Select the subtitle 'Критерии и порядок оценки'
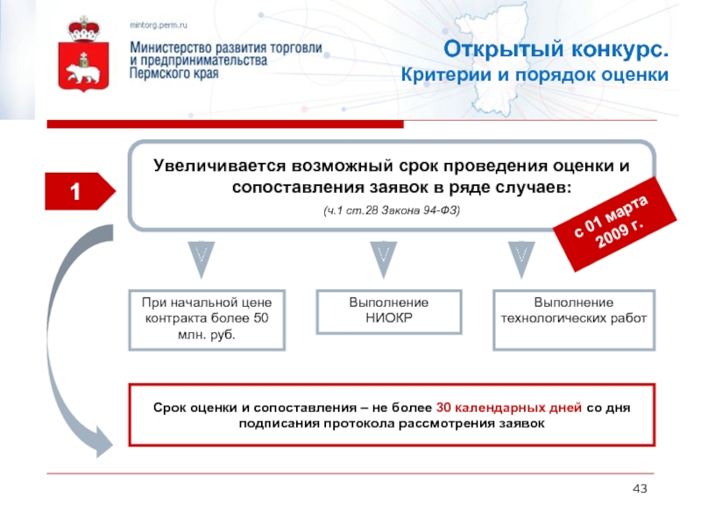pos(535,75)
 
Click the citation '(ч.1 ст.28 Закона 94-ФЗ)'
pos(391,212)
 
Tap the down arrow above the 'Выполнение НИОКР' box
pos(382,256)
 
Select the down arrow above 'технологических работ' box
pos(520,256)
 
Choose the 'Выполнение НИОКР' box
pos(389,310)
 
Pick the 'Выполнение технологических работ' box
pos(573,309)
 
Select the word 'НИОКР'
pos(389,317)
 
